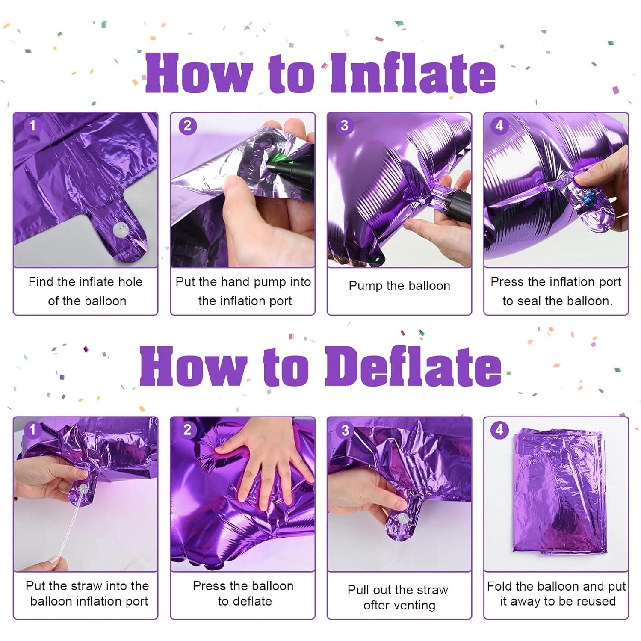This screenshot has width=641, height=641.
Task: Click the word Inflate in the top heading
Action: tap(413, 73)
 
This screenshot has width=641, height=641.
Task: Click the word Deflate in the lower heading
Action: tap(413, 366)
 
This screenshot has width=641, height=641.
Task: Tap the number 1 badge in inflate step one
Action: tap(32, 126)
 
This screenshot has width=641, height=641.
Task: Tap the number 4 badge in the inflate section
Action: tap(499, 126)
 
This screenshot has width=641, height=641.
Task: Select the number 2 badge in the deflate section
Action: tap(187, 430)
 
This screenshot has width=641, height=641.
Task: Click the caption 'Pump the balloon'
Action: tap(399, 286)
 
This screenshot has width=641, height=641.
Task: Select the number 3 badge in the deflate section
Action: tap(344, 430)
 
